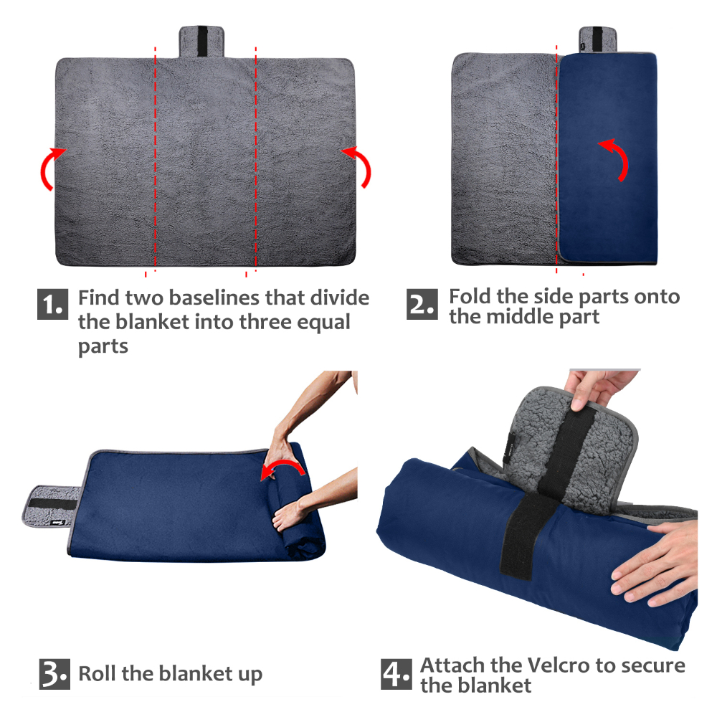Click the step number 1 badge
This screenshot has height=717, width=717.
click(52, 304)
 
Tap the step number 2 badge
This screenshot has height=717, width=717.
click(422, 304)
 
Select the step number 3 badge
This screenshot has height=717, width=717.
click(54, 673)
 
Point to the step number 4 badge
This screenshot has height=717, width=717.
click(397, 673)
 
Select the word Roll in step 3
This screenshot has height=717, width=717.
click(98, 673)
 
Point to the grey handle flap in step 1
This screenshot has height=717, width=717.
click(201, 42)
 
